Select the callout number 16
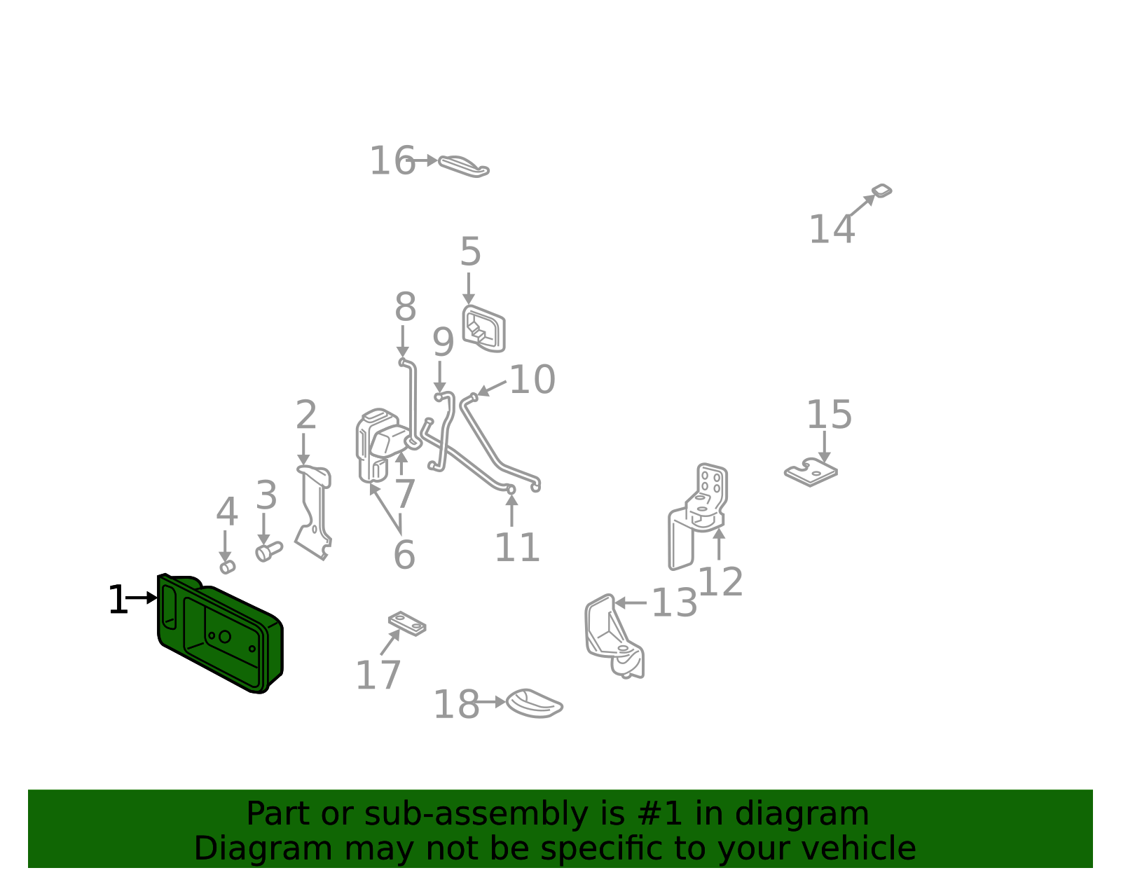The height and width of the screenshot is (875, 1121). (x=392, y=161)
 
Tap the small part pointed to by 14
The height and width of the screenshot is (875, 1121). (x=881, y=191)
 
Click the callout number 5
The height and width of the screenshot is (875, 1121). (x=471, y=252)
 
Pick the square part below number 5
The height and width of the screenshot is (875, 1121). (x=483, y=329)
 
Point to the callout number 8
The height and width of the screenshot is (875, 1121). (x=405, y=307)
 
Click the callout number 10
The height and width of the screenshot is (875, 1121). (x=532, y=380)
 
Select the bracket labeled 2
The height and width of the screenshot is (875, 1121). (x=315, y=512)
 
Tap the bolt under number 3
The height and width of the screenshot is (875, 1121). (x=269, y=551)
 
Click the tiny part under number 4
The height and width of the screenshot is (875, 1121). (x=228, y=567)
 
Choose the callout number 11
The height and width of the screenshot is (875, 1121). (x=517, y=547)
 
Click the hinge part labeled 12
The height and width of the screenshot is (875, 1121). (x=697, y=516)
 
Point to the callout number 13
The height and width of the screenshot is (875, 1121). (x=674, y=602)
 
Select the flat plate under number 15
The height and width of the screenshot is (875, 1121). (x=811, y=472)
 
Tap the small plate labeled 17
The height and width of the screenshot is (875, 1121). (x=407, y=623)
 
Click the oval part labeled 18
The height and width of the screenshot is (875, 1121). (x=534, y=703)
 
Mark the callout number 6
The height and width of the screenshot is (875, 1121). (x=404, y=555)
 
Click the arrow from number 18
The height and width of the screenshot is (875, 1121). (x=490, y=702)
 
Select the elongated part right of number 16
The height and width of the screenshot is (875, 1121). (x=463, y=166)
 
